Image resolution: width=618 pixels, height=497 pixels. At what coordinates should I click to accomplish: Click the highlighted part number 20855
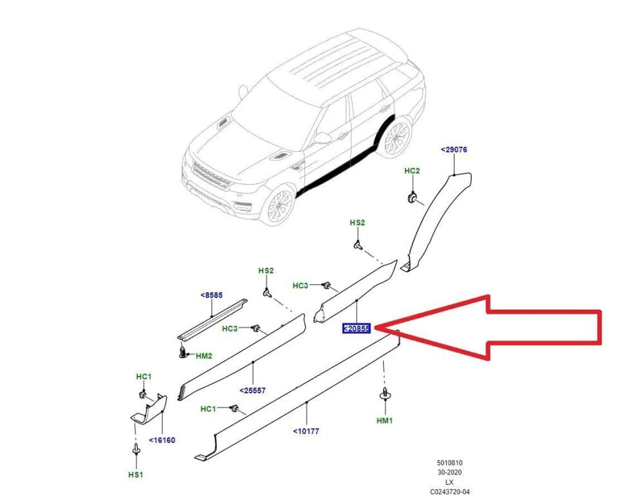click(x=357, y=328)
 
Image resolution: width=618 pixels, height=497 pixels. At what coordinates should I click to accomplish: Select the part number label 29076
click(x=454, y=149)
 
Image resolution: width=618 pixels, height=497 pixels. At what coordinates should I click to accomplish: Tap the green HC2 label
click(x=412, y=171)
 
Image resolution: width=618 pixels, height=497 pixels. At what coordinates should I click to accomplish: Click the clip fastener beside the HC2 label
click(x=412, y=196)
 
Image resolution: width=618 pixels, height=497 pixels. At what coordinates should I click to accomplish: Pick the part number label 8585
click(x=211, y=295)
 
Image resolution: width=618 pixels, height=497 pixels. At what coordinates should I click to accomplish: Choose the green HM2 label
click(x=204, y=355)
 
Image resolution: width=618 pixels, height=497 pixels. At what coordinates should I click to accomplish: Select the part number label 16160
click(x=162, y=440)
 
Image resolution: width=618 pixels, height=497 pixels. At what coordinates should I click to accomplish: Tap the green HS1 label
click(x=136, y=474)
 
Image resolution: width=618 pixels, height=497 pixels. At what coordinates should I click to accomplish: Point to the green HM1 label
click(x=384, y=420)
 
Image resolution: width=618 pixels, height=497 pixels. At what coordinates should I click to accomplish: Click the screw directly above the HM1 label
click(x=385, y=394)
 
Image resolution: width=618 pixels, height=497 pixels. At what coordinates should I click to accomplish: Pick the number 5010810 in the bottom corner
click(x=450, y=462)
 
